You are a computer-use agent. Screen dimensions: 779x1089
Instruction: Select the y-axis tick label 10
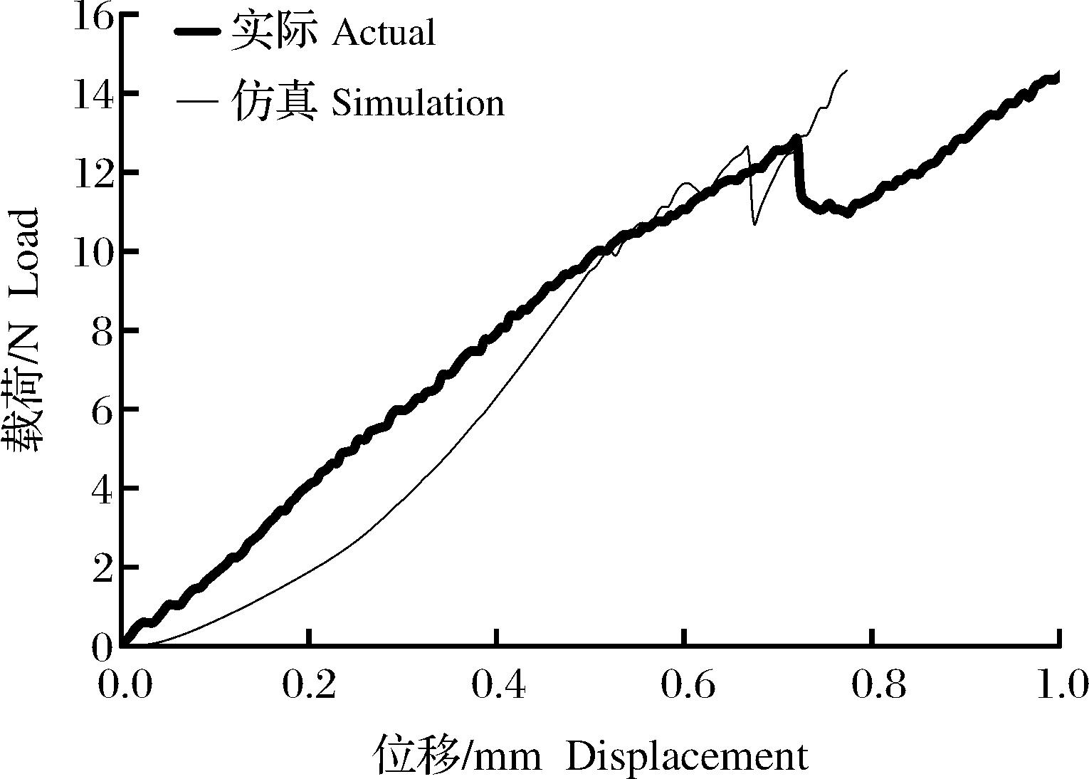[93, 252]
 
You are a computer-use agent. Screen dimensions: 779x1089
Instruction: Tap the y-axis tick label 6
[102, 410]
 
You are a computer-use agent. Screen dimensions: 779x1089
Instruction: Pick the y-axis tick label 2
[102, 568]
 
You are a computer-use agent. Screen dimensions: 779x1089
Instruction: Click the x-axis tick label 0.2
[308, 684]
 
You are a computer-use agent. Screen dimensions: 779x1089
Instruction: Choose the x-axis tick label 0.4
[496, 684]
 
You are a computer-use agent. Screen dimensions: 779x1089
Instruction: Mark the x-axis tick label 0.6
[684, 684]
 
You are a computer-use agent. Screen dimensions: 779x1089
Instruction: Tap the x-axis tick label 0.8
[872, 684]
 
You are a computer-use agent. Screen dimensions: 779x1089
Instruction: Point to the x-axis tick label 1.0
[1059, 684]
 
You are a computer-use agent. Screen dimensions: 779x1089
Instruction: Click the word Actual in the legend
[383, 32]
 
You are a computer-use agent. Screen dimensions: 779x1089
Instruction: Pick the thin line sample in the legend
[197, 102]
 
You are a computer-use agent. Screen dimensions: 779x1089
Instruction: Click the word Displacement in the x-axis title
[687, 756]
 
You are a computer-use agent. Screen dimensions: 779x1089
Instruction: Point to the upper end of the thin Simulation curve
[846, 71]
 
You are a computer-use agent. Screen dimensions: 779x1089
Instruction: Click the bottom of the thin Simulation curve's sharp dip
[754, 224]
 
